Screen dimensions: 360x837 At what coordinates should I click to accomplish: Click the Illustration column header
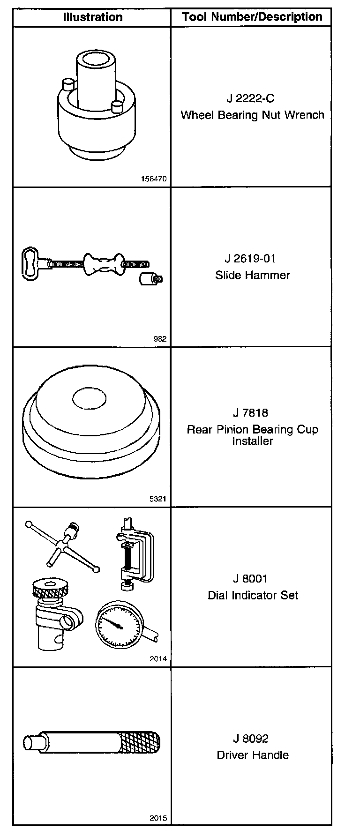point(92,17)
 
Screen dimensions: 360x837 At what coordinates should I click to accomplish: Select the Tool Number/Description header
point(252,17)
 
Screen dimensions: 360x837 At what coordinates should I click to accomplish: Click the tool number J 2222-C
point(250,99)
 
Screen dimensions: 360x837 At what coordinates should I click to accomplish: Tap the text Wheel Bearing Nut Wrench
point(252,115)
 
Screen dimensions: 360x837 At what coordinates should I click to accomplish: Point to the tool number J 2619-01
point(250,259)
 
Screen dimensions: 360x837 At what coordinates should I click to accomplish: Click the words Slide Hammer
point(253,275)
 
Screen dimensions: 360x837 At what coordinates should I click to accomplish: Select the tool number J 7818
point(250,413)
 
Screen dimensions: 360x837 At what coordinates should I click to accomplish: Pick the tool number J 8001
point(250,579)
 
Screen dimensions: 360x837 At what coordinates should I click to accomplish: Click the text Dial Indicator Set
point(253,596)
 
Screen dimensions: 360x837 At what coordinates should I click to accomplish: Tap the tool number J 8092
point(250,739)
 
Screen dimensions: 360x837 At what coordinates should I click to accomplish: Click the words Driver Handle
point(253,755)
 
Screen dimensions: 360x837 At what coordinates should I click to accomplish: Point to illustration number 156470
point(154,179)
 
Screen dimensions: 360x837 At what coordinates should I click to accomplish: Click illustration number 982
point(160,339)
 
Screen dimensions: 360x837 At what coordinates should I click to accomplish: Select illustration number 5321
point(158,499)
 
